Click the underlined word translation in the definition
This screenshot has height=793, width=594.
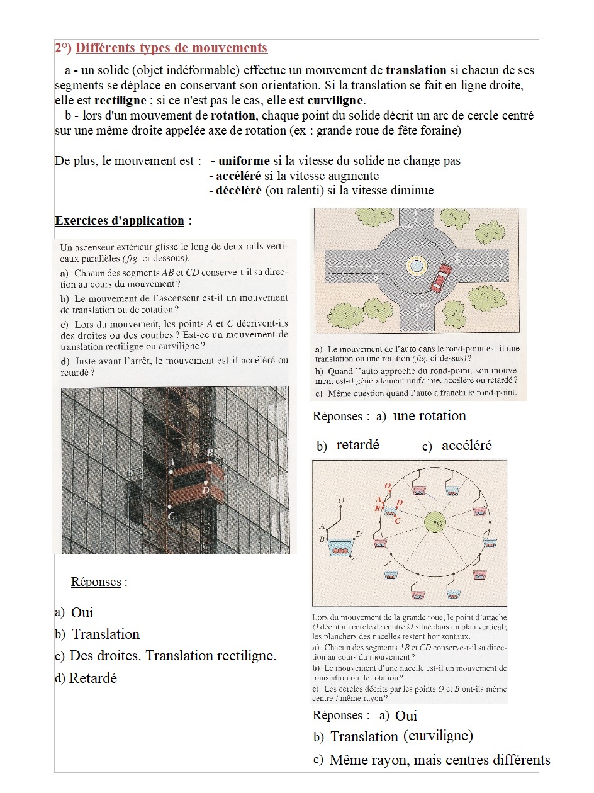click(416, 70)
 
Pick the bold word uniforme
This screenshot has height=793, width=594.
click(240, 161)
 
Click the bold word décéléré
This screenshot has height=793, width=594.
click(238, 191)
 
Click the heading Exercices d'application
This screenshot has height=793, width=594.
click(120, 221)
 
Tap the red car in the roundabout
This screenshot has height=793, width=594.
click(441, 277)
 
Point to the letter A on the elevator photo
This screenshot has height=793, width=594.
click(171, 462)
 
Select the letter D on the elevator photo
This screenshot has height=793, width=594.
click(206, 490)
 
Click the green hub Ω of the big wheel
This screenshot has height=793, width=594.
click(435, 522)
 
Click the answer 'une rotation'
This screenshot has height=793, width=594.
click(430, 416)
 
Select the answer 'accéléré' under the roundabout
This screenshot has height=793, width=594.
click(466, 446)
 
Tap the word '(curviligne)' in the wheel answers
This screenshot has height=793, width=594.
click(438, 736)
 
